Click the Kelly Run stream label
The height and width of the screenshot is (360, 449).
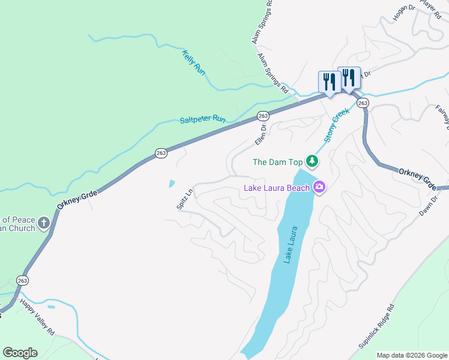193,62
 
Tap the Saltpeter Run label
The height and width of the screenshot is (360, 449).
202,120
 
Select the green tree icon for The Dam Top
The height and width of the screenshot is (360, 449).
312,161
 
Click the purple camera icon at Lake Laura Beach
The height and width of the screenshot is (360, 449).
319,188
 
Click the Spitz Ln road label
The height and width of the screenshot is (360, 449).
184,199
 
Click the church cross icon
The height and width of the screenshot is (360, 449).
43,224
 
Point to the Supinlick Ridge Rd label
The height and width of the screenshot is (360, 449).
377,327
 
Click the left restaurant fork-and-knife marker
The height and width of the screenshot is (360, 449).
330,82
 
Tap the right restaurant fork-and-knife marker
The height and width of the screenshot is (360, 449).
349,77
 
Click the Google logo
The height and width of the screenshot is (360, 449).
20,353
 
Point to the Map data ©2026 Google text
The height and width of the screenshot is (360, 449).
412,355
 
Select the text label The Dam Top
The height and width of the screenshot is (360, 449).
277,161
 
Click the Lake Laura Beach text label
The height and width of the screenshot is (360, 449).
276,188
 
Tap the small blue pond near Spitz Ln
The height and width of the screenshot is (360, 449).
172,183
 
